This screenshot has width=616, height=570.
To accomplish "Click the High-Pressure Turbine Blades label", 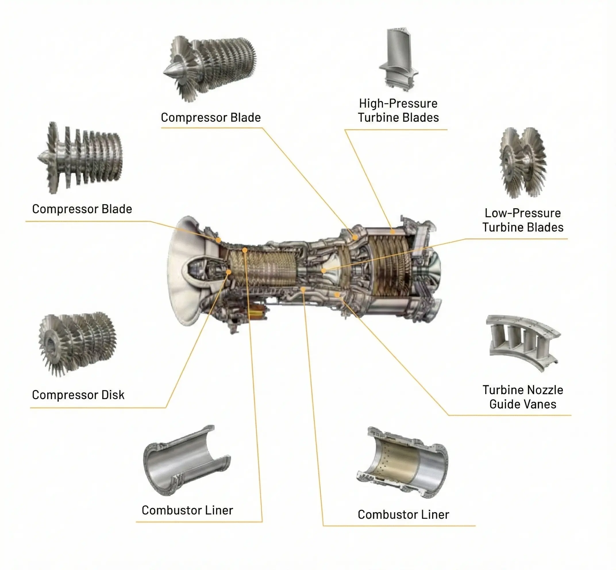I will (398, 110).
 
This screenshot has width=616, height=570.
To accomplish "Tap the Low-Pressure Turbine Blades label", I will (523, 220).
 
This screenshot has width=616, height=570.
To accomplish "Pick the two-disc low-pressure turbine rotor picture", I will (523, 163).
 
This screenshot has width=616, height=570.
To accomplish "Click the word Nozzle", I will (546, 390).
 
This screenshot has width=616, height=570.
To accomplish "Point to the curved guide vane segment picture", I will (523, 342).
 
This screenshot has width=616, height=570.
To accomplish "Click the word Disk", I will (113, 395).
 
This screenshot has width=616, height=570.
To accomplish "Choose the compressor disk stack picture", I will (77, 344).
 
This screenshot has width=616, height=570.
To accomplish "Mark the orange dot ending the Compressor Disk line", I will (229, 272).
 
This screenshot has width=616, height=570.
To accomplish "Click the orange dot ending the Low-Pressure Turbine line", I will (324, 271).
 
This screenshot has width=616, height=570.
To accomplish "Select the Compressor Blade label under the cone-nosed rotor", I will (211, 118).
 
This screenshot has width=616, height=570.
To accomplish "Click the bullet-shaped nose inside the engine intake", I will (194, 265).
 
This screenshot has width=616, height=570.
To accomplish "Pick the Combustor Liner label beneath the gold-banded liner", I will (403, 515).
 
